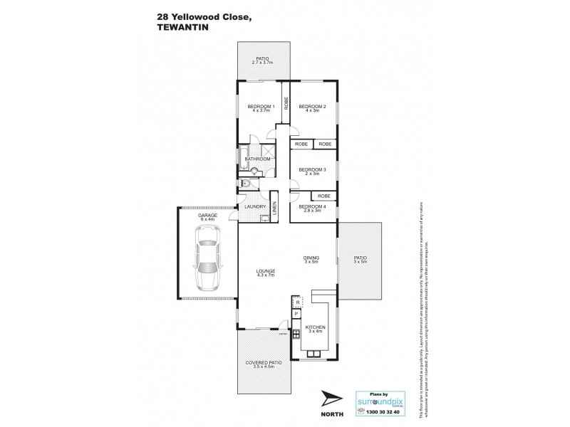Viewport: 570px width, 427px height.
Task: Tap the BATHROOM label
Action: point(257,159)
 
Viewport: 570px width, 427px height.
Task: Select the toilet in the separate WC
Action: point(246,184)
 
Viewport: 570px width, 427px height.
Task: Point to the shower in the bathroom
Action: point(269,150)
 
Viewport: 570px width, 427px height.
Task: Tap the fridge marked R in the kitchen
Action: point(296,302)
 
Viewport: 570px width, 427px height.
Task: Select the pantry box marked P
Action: point(296,313)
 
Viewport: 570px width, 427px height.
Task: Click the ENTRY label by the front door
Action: point(282,334)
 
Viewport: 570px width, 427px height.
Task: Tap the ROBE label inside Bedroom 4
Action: point(323,196)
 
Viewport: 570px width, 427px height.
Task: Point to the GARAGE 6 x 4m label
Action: point(207,218)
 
